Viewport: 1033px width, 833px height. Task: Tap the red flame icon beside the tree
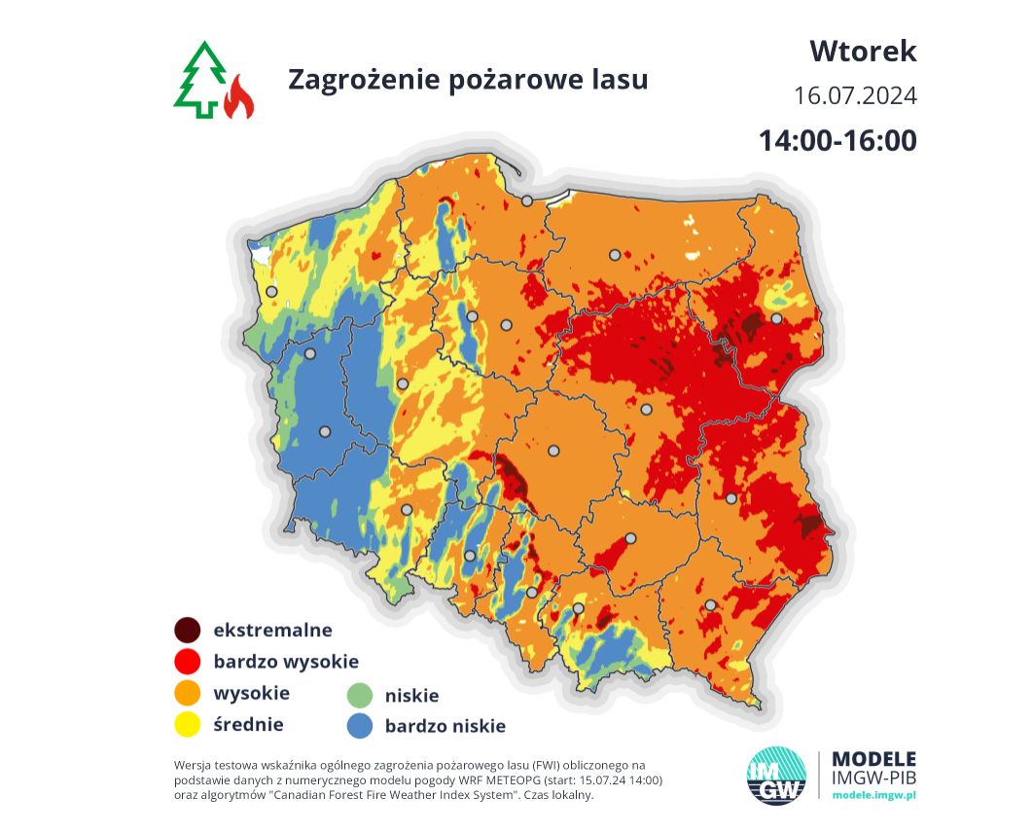(x=238, y=98)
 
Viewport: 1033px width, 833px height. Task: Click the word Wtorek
(x=863, y=51)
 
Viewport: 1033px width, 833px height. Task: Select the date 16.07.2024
(x=855, y=96)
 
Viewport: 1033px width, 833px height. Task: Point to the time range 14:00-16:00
(x=837, y=140)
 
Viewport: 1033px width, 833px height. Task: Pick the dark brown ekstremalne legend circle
(x=187, y=630)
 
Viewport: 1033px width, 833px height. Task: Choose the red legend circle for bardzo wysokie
(x=187, y=662)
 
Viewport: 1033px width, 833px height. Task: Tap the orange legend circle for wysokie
(x=187, y=693)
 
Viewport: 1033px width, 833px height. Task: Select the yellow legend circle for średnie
(x=187, y=724)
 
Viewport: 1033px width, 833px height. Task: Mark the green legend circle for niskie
(x=360, y=695)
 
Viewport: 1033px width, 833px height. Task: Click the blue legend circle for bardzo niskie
(x=360, y=725)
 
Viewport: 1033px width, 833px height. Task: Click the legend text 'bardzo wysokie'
(x=286, y=662)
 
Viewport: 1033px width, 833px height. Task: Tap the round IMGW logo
(x=775, y=775)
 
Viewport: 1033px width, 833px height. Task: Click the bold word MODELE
(x=875, y=758)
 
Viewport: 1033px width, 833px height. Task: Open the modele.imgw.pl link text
(x=874, y=795)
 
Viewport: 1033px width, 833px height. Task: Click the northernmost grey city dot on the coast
(x=526, y=200)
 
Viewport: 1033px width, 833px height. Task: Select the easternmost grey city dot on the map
(x=776, y=318)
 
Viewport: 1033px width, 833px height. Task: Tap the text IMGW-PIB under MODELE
(x=875, y=778)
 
